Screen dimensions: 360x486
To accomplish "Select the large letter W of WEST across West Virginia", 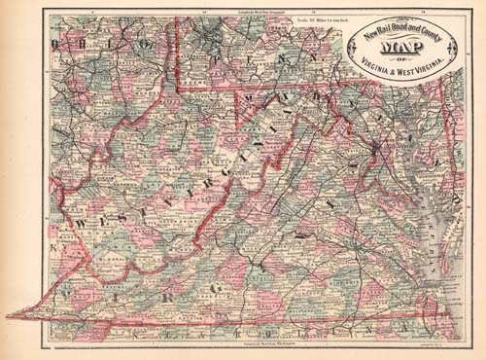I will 82,225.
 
